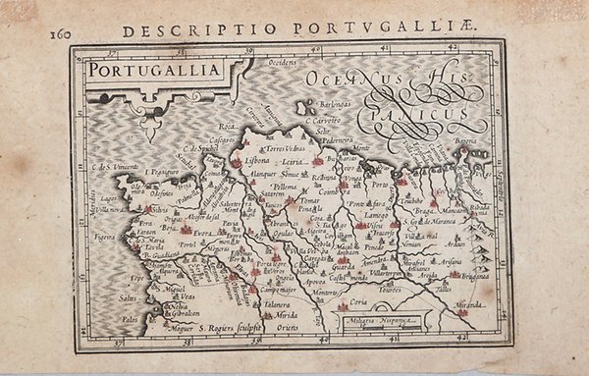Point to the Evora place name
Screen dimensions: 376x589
[x=202, y=234]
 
